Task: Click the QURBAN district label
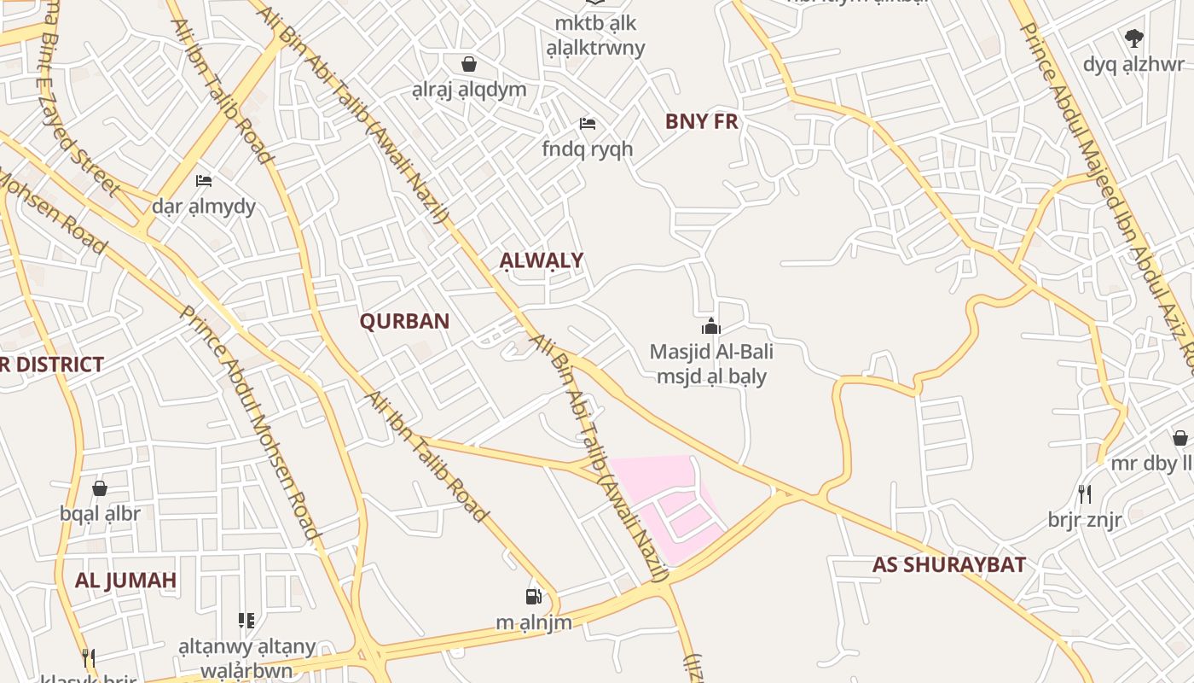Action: coord(404,322)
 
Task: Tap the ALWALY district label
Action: coord(542,260)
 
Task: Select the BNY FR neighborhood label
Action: coord(701,121)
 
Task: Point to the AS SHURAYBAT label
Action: coord(948,564)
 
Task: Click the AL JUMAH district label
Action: coord(125,580)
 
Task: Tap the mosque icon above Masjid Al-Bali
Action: coord(710,326)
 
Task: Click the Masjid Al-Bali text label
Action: coord(711,351)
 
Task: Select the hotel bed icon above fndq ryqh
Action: coord(588,124)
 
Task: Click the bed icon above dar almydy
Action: coord(204,180)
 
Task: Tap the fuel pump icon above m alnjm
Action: coord(533,596)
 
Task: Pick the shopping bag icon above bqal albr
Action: coord(100,487)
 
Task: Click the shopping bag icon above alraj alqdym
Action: coord(468,64)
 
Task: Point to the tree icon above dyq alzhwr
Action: coord(1133,38)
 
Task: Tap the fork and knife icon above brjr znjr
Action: coord(1084,493)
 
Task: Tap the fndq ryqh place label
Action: coord(588,149)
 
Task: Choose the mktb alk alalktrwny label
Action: coord(595,35)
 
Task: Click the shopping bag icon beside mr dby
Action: coord(1180,438)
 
